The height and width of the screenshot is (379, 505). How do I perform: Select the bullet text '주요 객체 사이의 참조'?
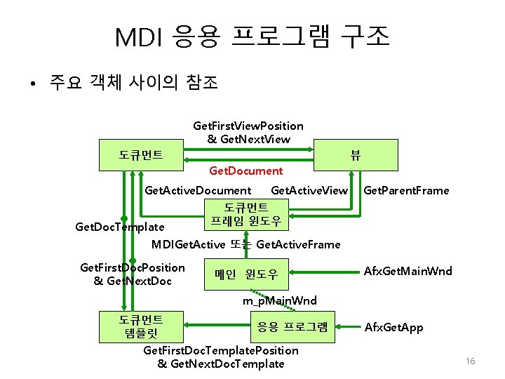click(133, 84)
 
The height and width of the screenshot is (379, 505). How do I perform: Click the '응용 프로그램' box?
click(292, 326)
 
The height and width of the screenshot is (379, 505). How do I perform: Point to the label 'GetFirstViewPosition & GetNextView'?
click(248, 133)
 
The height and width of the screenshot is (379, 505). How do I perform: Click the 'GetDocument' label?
click(246, 171)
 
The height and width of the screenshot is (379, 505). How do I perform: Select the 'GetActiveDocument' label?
click(197, 190)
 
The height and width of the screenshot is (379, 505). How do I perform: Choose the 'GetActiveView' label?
click(309, 190)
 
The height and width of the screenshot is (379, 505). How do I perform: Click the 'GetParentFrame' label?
click(407, 190)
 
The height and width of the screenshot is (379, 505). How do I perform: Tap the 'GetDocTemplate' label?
click(120, 227)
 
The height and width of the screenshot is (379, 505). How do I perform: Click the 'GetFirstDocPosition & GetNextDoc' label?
click(133, 274)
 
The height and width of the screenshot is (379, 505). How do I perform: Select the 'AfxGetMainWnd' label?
click(408, 271)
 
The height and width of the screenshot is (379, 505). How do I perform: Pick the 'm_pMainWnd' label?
click(280, 300)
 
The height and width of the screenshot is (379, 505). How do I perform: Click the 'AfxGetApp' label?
click(393, 327)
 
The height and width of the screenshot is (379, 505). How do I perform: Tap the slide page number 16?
click(470, 361)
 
